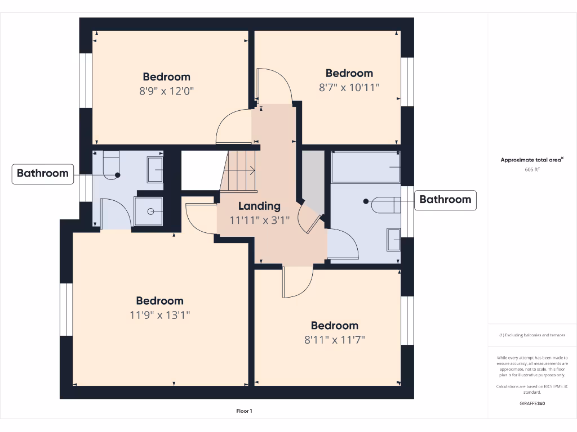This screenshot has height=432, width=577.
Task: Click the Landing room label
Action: pyautogui.click(x=259, y=206)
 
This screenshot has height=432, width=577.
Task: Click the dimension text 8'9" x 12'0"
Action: pyautogui.click(x=166, y=91)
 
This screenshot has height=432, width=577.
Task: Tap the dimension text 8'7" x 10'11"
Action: pyautogui.click(x=349, y=87)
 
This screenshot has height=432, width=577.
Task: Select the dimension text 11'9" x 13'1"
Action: pyautogui.click(x=159, y=315)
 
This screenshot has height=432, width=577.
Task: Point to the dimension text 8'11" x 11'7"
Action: pyautogui.click(x=335, y=340)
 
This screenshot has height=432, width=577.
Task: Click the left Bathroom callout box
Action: pyautogui.click(x=43, y=173)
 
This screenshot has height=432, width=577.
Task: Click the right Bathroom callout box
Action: pyautogui.click(x=445, y=200)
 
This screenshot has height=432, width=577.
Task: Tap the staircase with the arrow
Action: pyautogui.click(x=239, y=170)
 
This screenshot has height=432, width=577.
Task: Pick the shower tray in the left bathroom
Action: pyautogui.click(x=149, y=211)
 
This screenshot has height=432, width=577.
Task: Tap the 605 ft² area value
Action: pyautogui.click(x=532, y=169)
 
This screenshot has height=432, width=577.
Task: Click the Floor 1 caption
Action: pyautogui.click(x=244, y=411)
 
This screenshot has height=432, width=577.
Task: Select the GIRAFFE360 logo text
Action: pyautogui.click(x=532, y=403)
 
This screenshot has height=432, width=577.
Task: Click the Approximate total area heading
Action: pyautogui.click(x=531, y=160)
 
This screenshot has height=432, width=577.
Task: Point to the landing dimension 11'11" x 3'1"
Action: pyautogui.click(x=259, y=220)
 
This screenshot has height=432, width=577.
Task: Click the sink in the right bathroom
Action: pyautogui.click(x=393, y=238)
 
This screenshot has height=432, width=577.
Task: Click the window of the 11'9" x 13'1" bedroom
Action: pyautogui.click(x=66, y=309)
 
